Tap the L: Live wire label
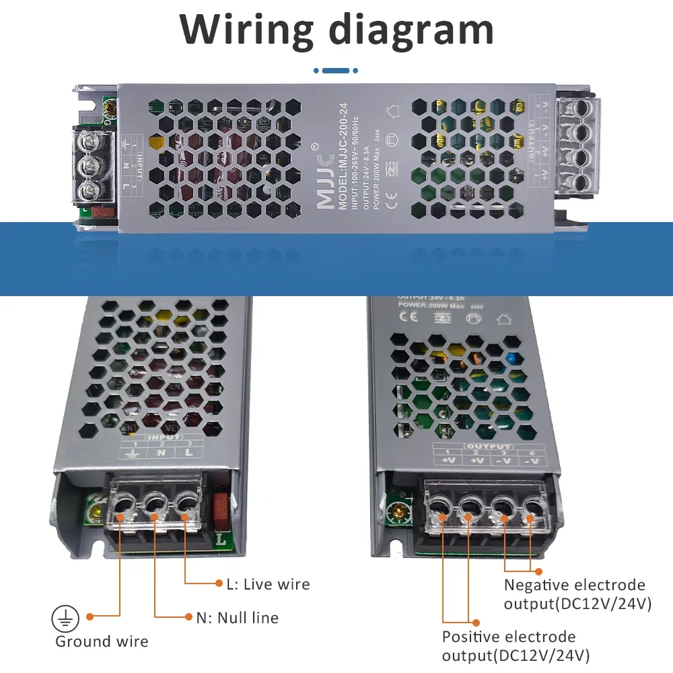268,583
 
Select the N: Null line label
237,617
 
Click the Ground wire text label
102,641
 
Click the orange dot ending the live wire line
219,583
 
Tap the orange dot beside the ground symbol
90,616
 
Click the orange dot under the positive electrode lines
476,623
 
